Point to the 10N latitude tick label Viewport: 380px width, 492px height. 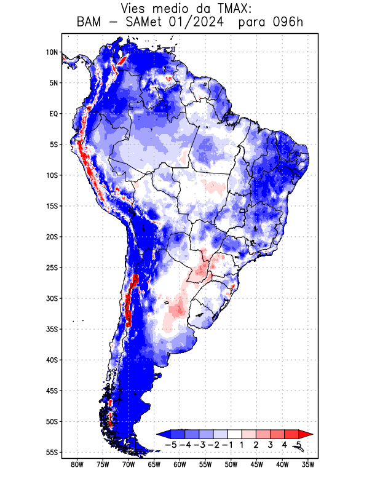coord(52,52)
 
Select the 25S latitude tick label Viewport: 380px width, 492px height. coord(52,268)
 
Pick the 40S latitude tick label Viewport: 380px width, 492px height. coord(52,360)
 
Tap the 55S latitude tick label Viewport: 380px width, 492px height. coord(52,452)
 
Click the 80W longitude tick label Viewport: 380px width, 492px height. coord(77,465)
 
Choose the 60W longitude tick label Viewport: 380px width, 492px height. coord(180,465)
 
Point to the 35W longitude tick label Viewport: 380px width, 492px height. coord(309,465)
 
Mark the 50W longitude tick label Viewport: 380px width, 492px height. coord(231,465)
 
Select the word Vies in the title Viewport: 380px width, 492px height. coord(135,9)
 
